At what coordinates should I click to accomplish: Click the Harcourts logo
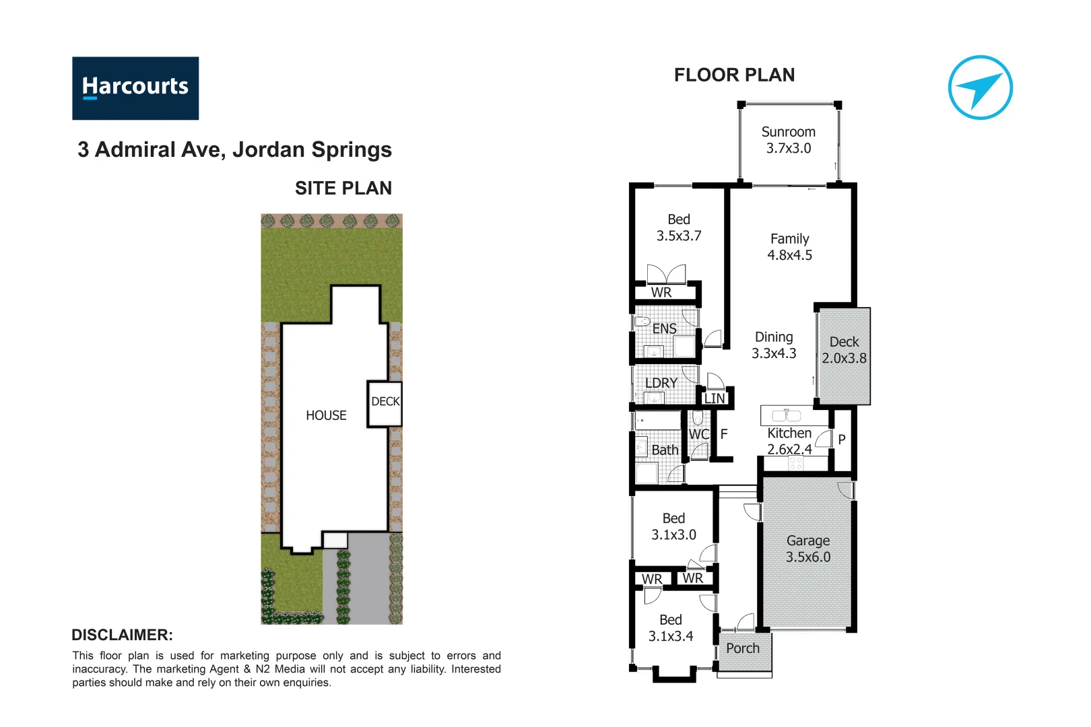135,88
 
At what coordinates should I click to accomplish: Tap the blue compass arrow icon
980,88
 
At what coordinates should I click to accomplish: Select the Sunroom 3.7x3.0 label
788,140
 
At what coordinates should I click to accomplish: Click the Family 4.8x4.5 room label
789,247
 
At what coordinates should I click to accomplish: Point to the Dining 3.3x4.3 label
774,345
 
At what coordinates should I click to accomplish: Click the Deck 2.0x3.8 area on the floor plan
844,351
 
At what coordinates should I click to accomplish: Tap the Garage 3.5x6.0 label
807,549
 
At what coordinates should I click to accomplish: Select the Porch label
742,648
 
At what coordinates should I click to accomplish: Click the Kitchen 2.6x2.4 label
789,442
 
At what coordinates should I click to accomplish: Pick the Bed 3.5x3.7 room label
678,228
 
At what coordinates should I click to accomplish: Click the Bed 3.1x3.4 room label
670,628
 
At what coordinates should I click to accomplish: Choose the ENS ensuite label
664,328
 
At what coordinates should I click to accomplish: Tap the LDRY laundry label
661,383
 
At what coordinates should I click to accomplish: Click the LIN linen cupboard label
714,399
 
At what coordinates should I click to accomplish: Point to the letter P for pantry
841,440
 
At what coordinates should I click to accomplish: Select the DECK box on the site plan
385,403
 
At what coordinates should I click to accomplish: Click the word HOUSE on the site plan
326,416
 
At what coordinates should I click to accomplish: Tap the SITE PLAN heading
343,188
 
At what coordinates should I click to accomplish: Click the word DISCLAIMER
122,635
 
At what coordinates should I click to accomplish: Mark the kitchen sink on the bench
785,415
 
